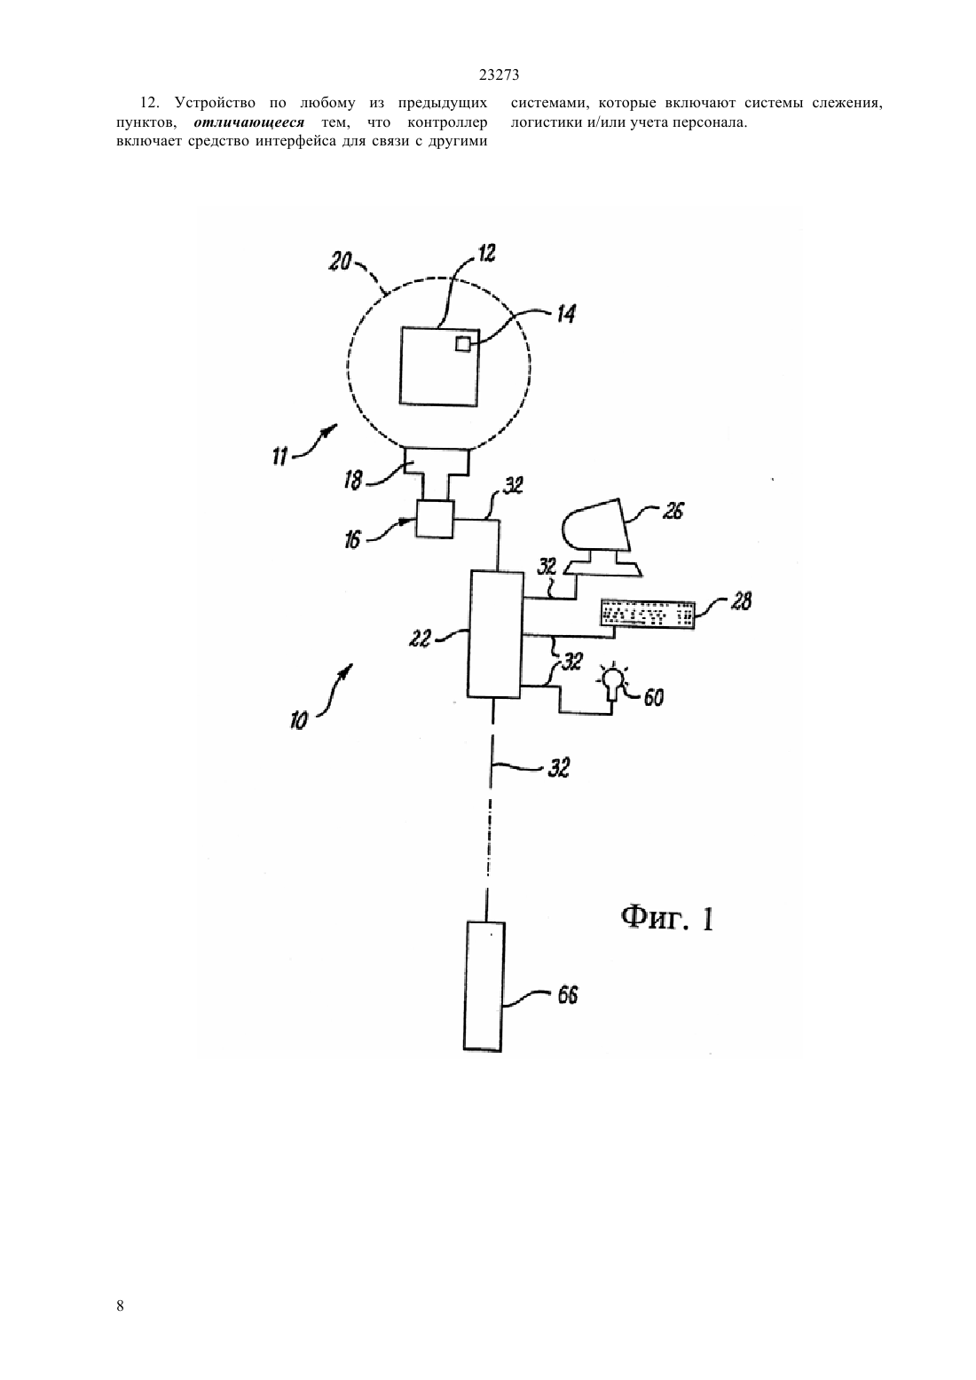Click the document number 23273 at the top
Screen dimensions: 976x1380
(x=499, y=75)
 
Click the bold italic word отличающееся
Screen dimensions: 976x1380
(x=249, y=122)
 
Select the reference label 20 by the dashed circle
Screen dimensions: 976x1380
(x=340, y=262)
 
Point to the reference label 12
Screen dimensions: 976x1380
(x=487, y=253)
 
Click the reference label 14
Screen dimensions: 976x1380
(x=566, y=314)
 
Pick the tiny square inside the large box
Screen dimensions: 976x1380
(x=463, y=344)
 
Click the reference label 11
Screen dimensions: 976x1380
(x=279, y=457)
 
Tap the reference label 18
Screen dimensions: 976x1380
(x=353, y=480)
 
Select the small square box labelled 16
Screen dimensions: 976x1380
(x=435, y=519)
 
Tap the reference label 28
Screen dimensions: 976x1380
(x=741, y=600)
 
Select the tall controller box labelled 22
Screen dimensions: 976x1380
(x=496, y=634)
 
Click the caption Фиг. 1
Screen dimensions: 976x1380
(x=666, y=920)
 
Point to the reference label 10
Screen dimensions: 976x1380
(x=299, y=721)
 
